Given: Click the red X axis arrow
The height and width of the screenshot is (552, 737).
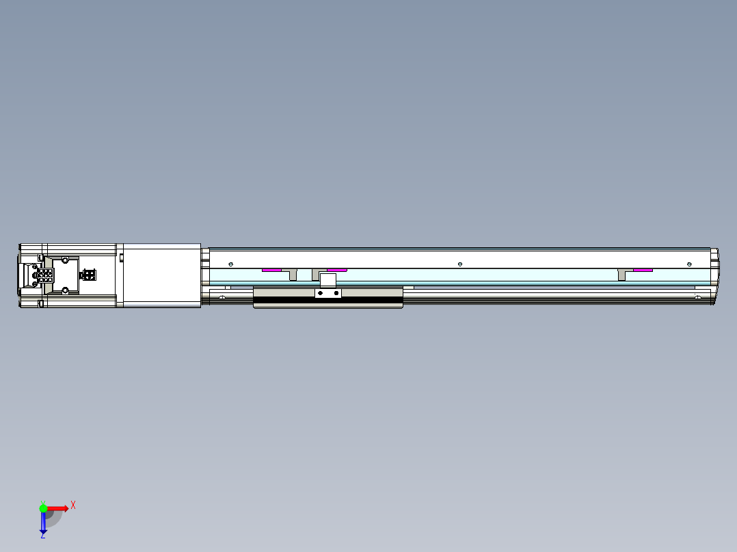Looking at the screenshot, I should [x=57, y=508].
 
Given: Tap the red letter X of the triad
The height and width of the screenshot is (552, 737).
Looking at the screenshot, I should [x=73, y=506].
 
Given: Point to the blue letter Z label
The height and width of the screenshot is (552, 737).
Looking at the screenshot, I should [x=42, y=536].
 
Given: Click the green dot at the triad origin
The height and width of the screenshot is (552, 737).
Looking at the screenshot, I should [x=43, y=508].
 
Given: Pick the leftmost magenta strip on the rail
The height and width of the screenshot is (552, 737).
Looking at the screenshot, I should [x=271, y=270].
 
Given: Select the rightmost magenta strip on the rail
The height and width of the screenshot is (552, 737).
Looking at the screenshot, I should [x=643, y=270].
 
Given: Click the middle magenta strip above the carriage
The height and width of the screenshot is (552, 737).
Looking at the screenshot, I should [x=337, y=270].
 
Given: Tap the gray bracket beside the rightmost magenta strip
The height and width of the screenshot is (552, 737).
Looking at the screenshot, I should [x=622, y=274].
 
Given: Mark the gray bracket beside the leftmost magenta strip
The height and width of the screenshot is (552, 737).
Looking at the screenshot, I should [x=293, y=274].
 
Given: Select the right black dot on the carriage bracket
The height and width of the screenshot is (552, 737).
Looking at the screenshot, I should [x=336, y=293].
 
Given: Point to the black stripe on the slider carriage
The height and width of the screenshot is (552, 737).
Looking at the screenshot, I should [x=328, y=300].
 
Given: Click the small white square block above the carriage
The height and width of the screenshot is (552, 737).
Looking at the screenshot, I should [x=328, y=279].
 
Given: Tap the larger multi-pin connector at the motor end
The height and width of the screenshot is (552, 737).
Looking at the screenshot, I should [x=45, y=275].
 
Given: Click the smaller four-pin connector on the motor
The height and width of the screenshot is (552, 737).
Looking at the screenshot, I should [x=88, y=275].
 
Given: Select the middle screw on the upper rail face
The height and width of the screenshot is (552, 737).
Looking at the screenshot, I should [x=460, y=264].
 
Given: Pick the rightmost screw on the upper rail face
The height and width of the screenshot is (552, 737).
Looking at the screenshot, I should [x=689, y=264].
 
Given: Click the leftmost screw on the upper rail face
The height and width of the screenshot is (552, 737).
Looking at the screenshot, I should [x=231, y=264].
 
